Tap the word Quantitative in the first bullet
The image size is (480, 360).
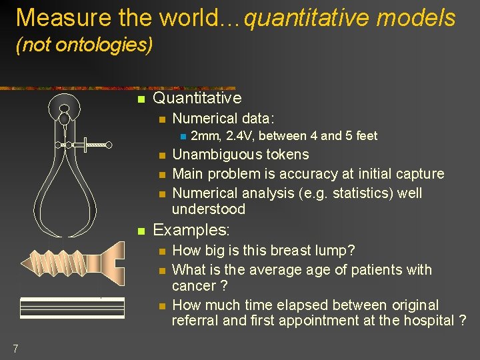point(197,98)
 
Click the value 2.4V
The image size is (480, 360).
point(239,136)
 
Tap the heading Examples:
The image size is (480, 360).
point(191,230)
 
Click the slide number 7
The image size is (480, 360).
point(15,348)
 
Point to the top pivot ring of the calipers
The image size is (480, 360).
point(65,108)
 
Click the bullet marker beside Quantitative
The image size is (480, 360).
point(140,99)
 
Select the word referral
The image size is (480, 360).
point(196,321)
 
